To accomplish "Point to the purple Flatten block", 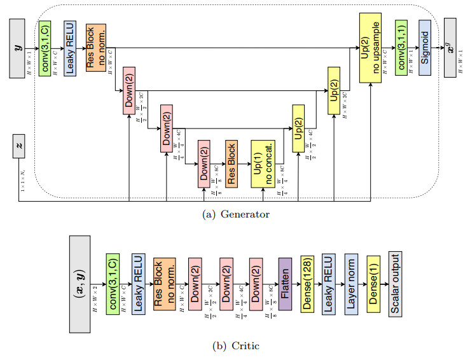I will (x=285, y=284).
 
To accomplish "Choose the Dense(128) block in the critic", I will (x=308, y=283).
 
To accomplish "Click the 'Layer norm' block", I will (x=350, y=283).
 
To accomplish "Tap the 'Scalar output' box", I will (x=396, y=283).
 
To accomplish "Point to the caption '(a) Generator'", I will (x=235, y=214).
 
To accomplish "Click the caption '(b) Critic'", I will (x=235, y=345).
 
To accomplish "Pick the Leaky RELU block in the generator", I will (x=69, y=47).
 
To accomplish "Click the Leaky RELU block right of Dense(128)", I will (x=329, y=283).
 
